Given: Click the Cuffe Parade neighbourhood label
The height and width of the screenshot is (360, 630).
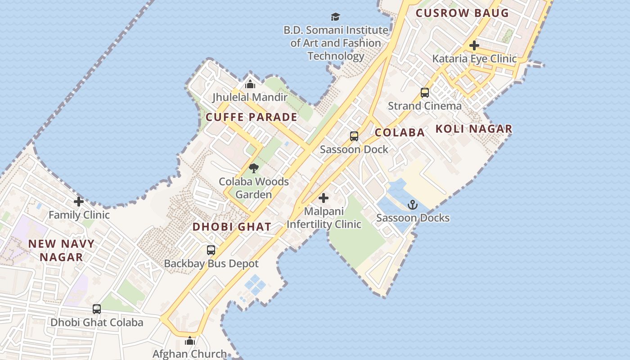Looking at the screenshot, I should (x=251, y=117).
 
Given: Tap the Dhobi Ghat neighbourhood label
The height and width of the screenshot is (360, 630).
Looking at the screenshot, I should (x=232, y=227).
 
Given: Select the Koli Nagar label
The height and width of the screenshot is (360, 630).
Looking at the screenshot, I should (x=474, y=129).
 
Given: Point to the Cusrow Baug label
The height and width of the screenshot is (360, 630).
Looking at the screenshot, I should (x=462, y=13).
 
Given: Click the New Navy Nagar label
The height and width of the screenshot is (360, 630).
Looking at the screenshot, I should (x=62, y=250).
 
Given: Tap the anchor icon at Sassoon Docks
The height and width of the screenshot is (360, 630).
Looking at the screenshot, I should (x=413, y=205).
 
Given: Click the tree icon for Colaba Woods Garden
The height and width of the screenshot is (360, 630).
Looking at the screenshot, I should (x=254, y=169).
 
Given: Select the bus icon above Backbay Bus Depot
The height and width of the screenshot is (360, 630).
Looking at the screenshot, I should (x=211, y=250).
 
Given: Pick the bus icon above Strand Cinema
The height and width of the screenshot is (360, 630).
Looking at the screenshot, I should (x=424, y=93).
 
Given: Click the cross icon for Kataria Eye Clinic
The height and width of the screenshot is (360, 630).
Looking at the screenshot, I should (x=474, y=45).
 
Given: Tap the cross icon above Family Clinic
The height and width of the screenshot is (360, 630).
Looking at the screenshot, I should (x=79, y=202).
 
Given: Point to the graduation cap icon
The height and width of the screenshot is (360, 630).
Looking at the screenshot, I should (x=335, y=17).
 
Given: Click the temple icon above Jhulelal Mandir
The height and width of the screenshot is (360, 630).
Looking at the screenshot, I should (x=250, y=84).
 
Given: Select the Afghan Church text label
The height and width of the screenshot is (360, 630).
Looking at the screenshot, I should (x=189, y=354).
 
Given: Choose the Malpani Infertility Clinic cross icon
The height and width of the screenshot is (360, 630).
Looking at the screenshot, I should (x=324, y=198).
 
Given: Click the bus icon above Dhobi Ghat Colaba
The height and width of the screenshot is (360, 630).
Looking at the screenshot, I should (x=97, y=309).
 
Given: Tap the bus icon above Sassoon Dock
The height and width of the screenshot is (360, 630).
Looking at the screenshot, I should (x=354, y=136).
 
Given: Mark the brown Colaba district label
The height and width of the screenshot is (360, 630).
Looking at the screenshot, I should (x=400, y=132).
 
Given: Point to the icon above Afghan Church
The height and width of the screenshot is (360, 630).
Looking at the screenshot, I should (x=190, y=341).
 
